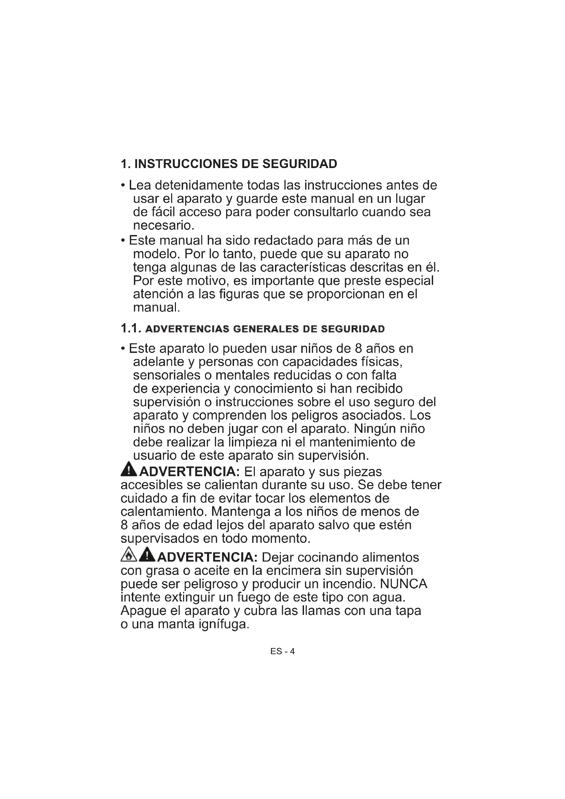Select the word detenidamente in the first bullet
point(198,185)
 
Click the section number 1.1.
point(130,329)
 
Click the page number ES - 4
point(282,651)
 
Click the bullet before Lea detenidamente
point(123,185)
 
